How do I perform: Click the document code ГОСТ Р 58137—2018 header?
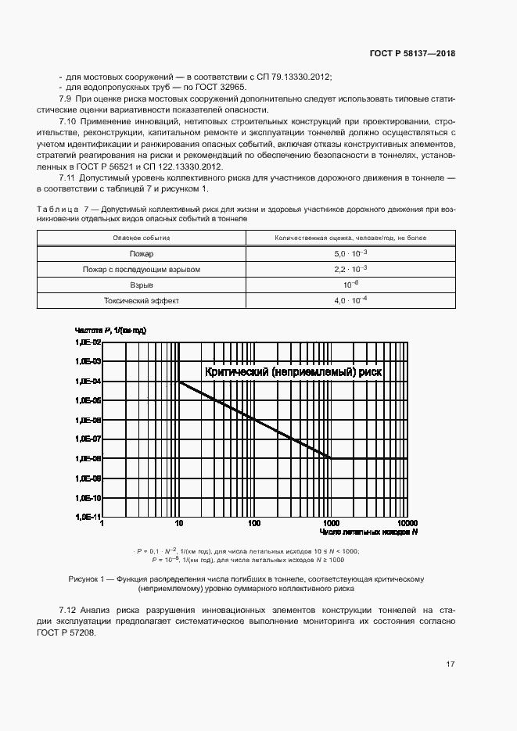[x=411, y=54]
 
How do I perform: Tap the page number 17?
[x=450, y=665]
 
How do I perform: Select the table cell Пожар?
[x=142, y=253]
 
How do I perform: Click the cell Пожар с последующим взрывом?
[x=142, y=269]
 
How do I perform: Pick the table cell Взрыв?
[x=142, y=285]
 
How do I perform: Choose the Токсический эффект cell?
[x=142, y=300]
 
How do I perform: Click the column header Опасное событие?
[x=142, y=238]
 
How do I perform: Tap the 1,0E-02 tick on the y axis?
[x=88, y=342]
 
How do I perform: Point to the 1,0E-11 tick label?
[x=88, y=517]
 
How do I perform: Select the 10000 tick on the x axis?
[x=407, y=523]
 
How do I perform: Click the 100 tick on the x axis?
[x=254, y=523]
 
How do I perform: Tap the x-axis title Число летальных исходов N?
[x=368, y=532]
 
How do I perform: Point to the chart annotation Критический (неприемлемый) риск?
[x=293, y=373]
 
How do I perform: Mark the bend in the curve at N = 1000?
[x=331, y=458]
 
